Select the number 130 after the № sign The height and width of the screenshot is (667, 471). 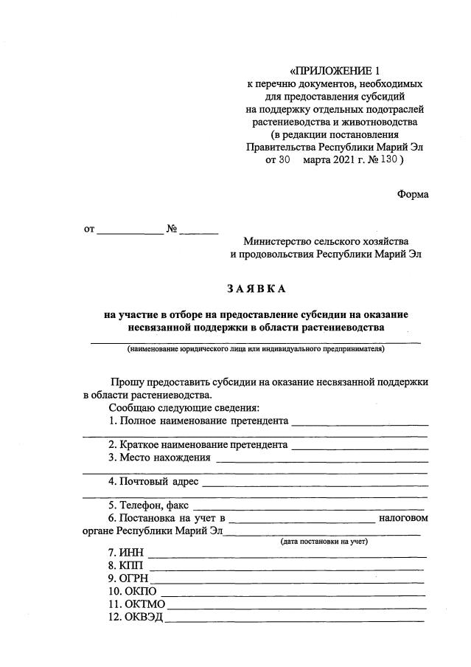(387, 159)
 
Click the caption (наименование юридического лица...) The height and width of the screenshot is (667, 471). (255, 349)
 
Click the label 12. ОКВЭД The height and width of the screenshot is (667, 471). (136, 618)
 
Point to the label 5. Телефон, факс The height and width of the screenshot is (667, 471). (148, 505)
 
